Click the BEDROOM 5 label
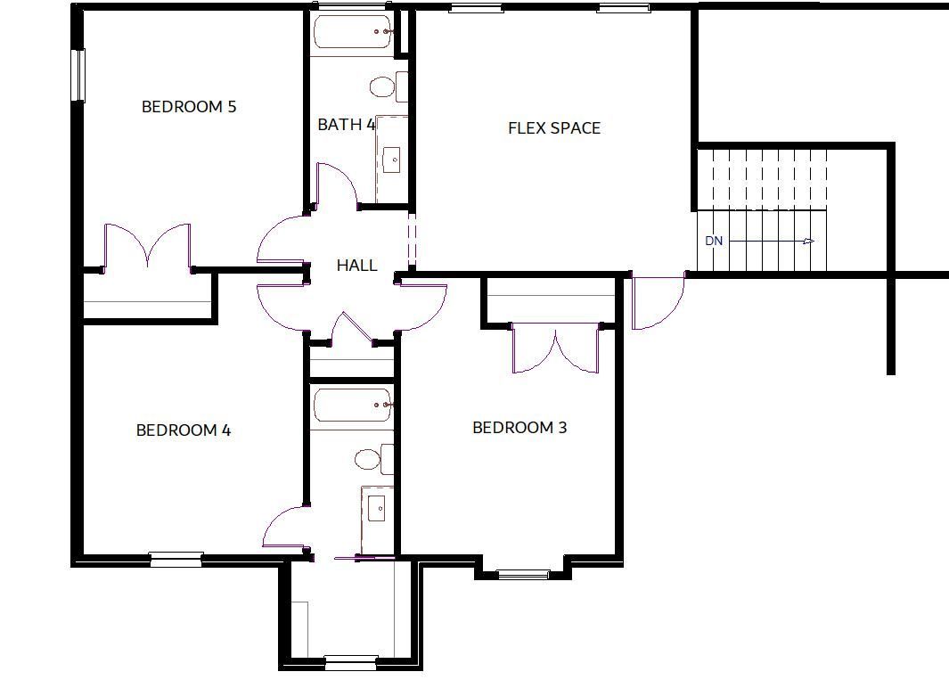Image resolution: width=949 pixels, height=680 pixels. click(189, 107)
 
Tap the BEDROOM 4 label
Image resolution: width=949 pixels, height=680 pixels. click(184, 430)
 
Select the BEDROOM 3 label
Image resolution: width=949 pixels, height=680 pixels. click(519, 428)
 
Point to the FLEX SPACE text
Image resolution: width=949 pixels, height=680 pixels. click(553, 127)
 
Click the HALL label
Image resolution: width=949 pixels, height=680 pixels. click(356, 266)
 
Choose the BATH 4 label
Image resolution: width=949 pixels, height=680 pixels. click(347, 125)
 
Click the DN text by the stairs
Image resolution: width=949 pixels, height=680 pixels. click(714, 241)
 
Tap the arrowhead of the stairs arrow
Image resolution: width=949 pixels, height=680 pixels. click(808, 241)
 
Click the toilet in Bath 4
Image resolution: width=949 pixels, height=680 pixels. click(388, 87)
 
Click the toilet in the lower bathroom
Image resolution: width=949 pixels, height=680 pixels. click(373, 460)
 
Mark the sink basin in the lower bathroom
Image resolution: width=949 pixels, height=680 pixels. click(377, 506)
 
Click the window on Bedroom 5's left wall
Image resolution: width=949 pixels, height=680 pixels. click(78, 75)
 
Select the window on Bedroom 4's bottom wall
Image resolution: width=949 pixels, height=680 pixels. click(176, 559)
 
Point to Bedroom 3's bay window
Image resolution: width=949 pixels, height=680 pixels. click(524, 575)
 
